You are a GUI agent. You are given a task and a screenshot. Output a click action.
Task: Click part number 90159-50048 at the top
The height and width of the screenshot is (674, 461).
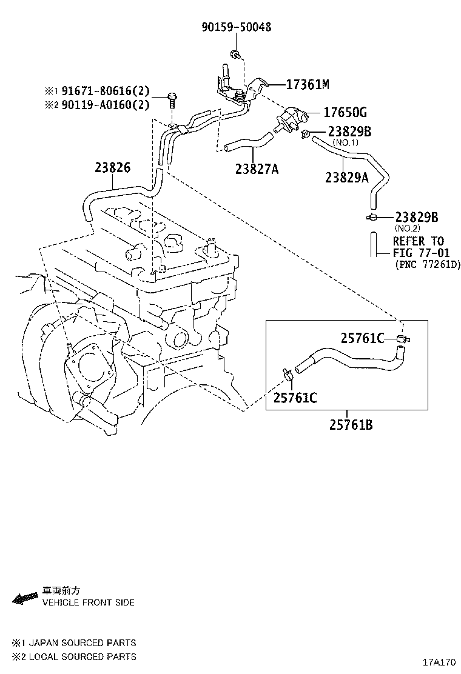pyautogui.click(x=236, y=27)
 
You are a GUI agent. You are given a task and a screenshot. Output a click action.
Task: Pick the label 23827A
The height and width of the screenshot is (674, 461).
pyautogui.click(x=257, y=169)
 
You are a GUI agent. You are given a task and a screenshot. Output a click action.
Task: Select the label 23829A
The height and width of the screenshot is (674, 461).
pyautogui.click(x=347, y=177)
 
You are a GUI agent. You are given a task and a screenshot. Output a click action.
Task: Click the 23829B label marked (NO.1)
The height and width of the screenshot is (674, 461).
pyautogui.click(x=349, y=132)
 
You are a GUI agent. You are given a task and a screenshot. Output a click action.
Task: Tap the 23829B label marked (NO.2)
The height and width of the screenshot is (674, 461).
pyautogui.click(x=416, y=217)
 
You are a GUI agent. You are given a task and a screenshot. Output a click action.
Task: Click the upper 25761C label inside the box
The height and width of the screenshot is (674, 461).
pyautogui.click(x=362, y=338)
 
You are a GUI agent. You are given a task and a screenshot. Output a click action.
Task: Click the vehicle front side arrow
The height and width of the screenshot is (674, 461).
pyautogui.click(x=25, y=598)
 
